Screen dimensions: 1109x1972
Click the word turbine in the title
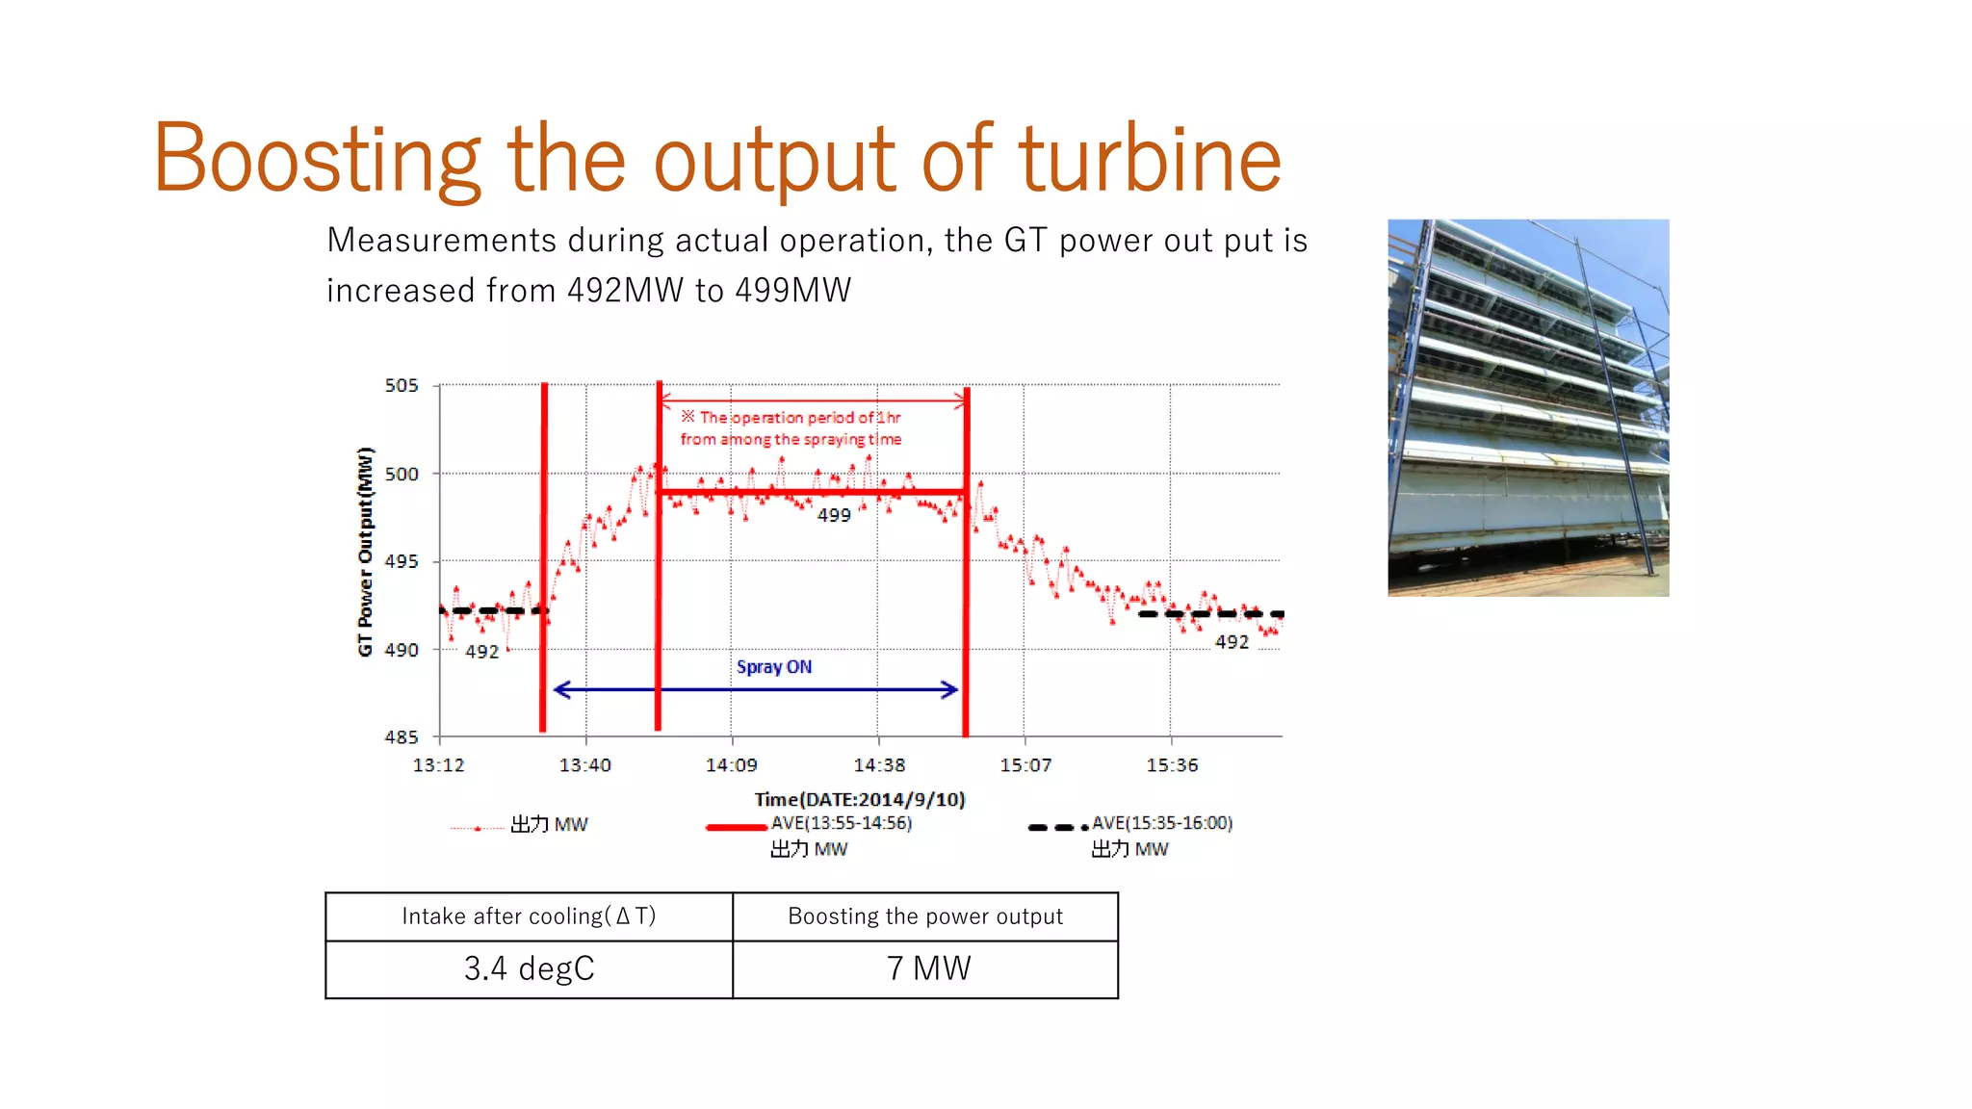(1150, 160)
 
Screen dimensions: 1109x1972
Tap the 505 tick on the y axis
(402, 386)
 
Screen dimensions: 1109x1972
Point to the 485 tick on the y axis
(402, 737)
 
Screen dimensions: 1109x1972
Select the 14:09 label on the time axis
(731, 765)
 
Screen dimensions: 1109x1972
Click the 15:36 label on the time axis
(1172, 765)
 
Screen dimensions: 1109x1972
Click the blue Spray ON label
(773, 667)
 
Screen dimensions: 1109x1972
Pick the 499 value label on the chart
(834, 516)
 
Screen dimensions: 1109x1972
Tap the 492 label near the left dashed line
(481, 652)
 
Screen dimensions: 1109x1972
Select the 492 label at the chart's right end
(1232, 642)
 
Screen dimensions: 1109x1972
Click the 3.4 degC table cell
(529, 968)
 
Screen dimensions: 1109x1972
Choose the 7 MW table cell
(925, 968)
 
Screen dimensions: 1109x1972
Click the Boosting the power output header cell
(925, 916)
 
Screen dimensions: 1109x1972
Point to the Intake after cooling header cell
(529, 916)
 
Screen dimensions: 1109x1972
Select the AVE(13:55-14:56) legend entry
(840, 824)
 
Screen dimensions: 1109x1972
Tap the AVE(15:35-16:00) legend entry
(1160, 824)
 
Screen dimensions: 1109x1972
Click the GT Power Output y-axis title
(365, 552)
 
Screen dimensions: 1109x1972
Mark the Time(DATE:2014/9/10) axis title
(859, 799)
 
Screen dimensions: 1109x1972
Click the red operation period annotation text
(791, 428)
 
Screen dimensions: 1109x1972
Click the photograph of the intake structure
(1528, 407)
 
